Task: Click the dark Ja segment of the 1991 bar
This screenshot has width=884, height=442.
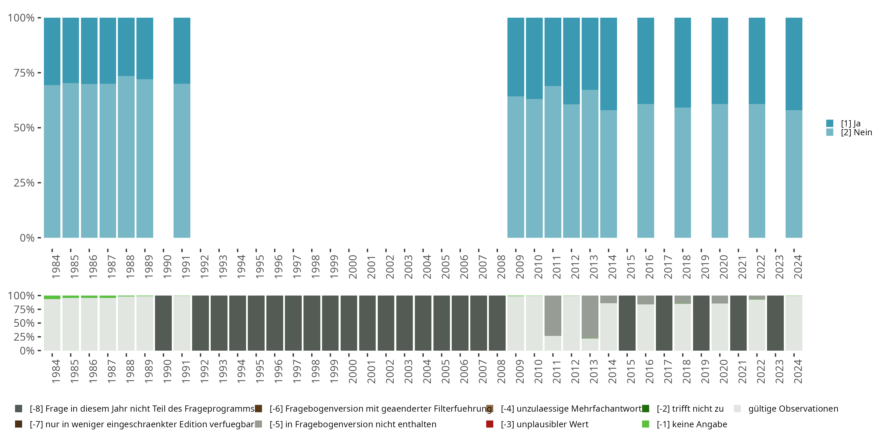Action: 182,50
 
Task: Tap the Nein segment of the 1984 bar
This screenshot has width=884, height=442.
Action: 52,161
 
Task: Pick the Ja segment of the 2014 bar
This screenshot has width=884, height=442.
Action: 608,64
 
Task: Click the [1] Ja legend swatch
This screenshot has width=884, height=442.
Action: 830,123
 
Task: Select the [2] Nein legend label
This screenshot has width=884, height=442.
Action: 856,133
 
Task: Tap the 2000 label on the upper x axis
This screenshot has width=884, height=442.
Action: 352,267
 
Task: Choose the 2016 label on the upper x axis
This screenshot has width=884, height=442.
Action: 649,267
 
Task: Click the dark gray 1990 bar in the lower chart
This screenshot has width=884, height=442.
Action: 163,323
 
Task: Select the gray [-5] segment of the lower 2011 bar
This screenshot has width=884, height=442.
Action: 553,316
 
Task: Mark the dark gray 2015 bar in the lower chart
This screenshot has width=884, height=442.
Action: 627,323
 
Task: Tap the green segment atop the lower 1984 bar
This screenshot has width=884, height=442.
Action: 52,297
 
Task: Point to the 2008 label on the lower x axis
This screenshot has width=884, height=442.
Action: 501,371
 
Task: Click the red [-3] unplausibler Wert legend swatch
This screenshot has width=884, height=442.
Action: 490,424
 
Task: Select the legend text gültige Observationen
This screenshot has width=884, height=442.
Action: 793,409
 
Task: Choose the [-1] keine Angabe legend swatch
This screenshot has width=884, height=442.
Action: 646,424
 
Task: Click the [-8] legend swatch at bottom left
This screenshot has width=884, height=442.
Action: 19,409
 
